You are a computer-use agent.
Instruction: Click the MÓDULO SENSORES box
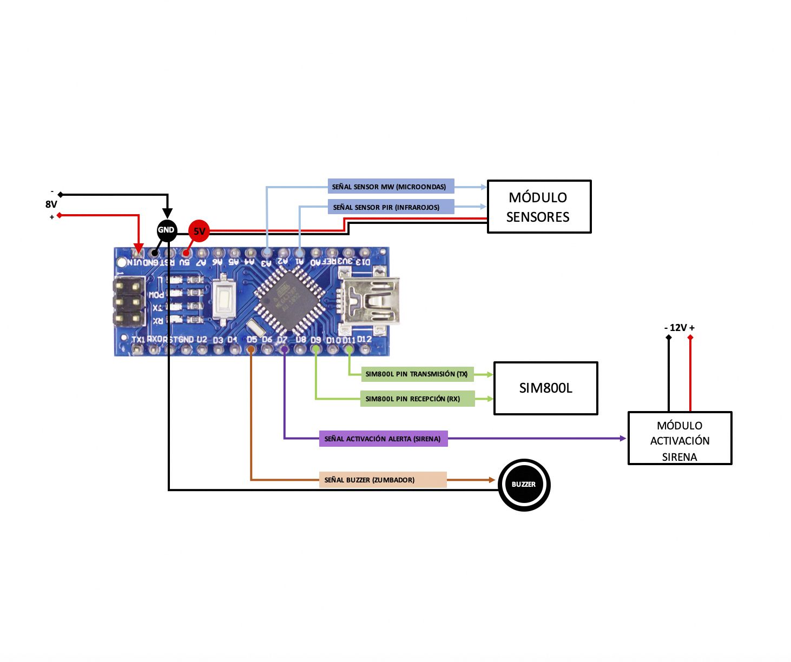pos(539,207)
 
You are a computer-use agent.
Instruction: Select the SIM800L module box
pos(545,388)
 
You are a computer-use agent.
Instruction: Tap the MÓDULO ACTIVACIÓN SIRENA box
pos(680,439)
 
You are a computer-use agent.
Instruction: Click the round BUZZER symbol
pos(524,485)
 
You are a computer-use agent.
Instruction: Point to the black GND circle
pos(167,230)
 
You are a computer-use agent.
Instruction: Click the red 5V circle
pos(199,231)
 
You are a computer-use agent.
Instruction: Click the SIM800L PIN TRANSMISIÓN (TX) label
pos(417,374)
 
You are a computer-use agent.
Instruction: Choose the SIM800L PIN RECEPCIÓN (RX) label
pos(417,399)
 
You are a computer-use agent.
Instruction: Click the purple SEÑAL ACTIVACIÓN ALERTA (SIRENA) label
pos(383,439)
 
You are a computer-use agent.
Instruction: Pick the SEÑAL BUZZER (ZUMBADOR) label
pos(383,480)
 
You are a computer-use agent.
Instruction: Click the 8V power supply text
pos(51,204)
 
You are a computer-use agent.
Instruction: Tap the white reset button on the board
pos(224,300)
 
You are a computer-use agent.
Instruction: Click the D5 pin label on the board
pos(252,340)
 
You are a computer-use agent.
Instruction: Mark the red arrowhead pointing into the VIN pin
pos(139,249)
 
